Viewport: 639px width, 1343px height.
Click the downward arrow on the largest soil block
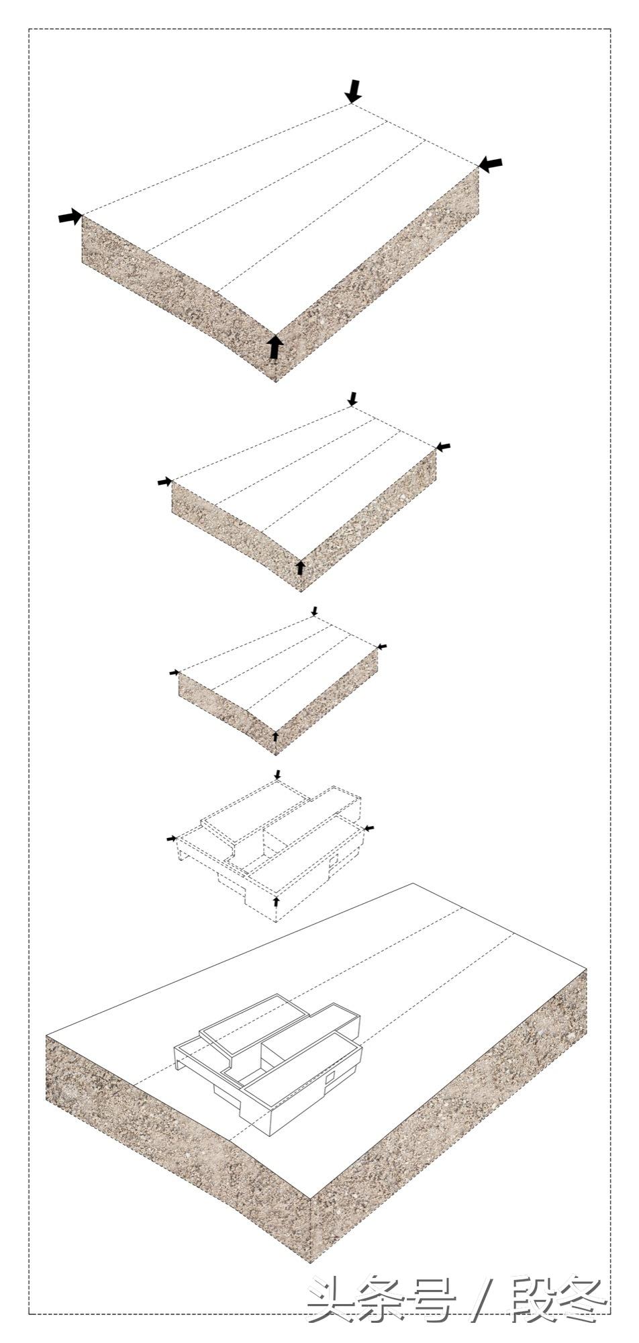click(x=353, y=91)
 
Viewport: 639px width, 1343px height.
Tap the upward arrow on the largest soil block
click(x=274, y=347)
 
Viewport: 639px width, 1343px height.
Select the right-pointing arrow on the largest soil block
click(x=69, y=216)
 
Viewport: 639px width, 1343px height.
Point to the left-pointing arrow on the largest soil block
click(x=491, y=163)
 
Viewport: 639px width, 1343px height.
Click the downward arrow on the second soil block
click(x=353, y=398)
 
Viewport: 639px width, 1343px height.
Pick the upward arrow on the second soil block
click(x=300, y=567)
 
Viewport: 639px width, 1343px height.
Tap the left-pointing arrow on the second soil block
click(x=444, y=446)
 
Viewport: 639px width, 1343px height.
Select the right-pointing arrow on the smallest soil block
click(x=175, y=672)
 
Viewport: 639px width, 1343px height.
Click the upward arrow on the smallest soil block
click(x=275, y=736)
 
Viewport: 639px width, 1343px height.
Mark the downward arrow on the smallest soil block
click(x=314, y=611)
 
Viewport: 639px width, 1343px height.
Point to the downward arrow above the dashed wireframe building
click(x=277, y=775)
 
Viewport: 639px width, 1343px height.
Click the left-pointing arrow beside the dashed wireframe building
click(x=368, y=828)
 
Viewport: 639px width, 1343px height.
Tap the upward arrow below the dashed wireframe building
click(x=277, y=898)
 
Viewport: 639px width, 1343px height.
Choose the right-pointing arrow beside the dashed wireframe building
click(x=172, y=838)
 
